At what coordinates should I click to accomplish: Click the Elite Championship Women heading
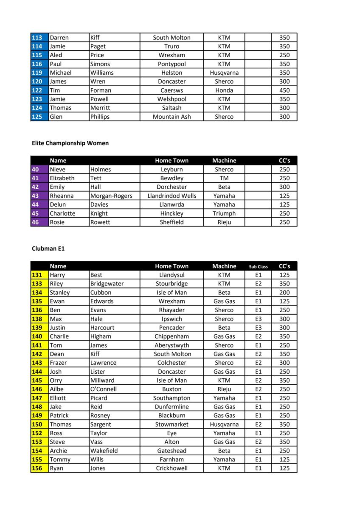(x=70, y=143)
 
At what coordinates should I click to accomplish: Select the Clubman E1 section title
(x=48, y=249)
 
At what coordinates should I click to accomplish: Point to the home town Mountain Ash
(x=172, y=117)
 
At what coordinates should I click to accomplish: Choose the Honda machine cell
(x=224, y=90)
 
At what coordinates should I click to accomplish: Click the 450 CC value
(x=284, y=90)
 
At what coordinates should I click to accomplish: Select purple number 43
(x=36, y=196)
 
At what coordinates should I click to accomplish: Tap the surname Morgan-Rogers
(x=111, y=196)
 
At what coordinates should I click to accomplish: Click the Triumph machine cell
(x=224, y=214)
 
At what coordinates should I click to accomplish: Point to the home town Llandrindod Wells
(x=172, y=196)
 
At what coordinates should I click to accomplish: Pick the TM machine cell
(x=224, y=179)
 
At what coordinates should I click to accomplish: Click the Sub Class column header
(x=258, y=267)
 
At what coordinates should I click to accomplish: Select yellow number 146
(x=37, y=389)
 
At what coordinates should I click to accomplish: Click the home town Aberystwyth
(x=172, y=345)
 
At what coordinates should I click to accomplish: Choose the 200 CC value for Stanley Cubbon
(x=284, y=293)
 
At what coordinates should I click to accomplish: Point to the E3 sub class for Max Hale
(x=258, y=319)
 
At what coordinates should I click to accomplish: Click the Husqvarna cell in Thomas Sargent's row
(x=224, y=424)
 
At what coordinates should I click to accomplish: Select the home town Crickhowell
(x=172, y=468)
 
